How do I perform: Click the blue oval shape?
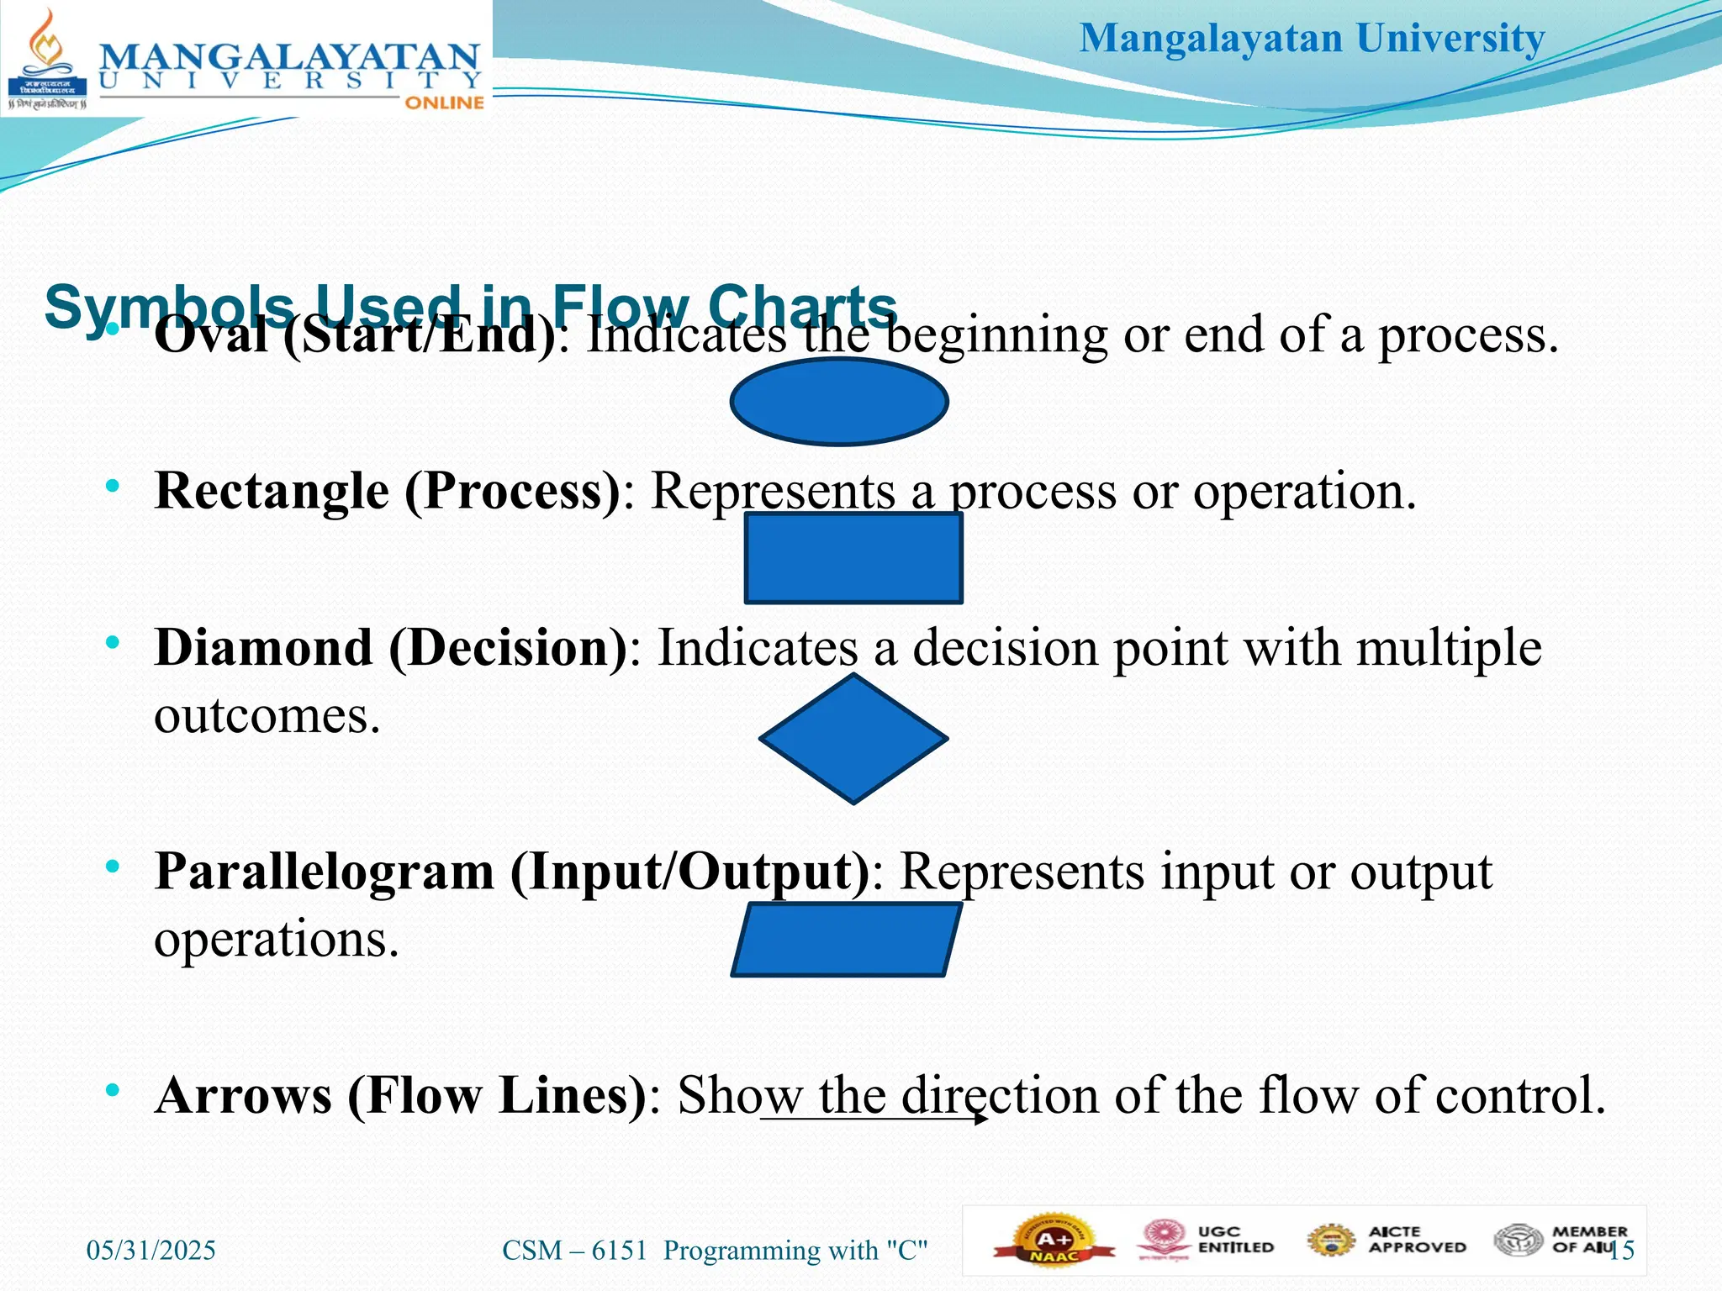[839, 402]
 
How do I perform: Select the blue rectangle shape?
[853, 558]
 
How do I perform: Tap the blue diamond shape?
[853, 739]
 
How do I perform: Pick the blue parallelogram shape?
[846, 940]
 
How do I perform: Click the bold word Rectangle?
[272, 491]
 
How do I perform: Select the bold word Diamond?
[263, 648]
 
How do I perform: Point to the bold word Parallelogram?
[325, 872]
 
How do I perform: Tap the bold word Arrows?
[244, 1096]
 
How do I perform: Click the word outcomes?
[267, 716]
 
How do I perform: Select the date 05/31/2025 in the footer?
[151, 1251]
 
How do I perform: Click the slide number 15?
[1623, 1251]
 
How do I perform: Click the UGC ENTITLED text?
[1235, 1240]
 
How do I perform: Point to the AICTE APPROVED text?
[1417, 1240]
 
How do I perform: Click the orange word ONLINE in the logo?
[444, 103]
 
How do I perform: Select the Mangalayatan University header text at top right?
[1312, 39]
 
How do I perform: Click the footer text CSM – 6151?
[574, 1251]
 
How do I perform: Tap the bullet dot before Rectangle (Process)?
[113, 487]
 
